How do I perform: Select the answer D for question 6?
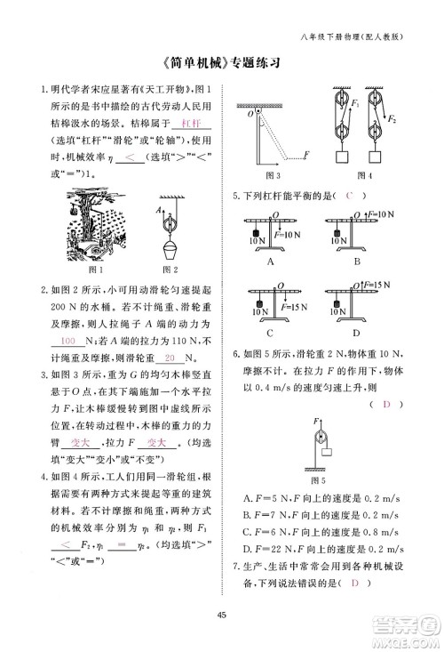pyautogui.click(x=386, y=405)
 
